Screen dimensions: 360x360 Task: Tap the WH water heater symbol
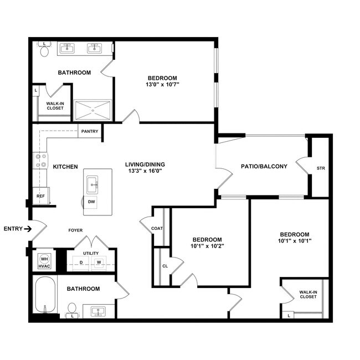pyautogui.click(x=44, y=258)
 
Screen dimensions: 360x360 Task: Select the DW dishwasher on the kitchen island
pyautogui.click(x=91, y=202)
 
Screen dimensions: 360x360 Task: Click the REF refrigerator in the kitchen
pyautogui.click(x=40, y=196)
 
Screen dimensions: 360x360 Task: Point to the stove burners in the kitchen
pyautogui.click(x=41, y=161)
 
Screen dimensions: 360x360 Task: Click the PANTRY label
pyautogui.click(x=89, y=131)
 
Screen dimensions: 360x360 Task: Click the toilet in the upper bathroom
pyautogui.click(x=44, y=51)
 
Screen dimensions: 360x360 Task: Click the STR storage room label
pyautogui.click(x=321, y=168)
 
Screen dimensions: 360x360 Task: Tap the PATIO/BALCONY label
pyautogui.click(x=264, y=166)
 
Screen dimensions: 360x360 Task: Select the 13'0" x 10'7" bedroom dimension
pyautogui.click(x=162, y=85)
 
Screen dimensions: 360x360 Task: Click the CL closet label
pyautogui.click(x=165, y=266)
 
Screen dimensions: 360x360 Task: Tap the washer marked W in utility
pyautogui.click(x=99, y=262)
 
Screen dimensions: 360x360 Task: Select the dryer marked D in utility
pyautogui.click(x=82, y=262)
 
